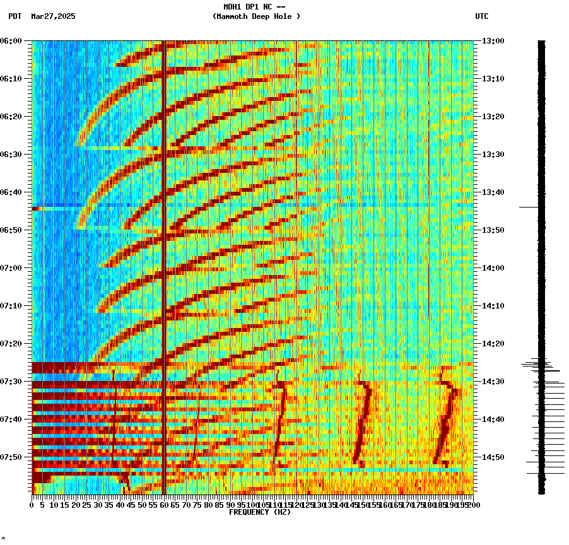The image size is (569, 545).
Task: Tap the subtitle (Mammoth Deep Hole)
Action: tap(256, 16)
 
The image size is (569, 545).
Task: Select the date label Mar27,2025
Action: tap(53, 16)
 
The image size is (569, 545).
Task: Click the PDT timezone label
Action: tap(15, 16)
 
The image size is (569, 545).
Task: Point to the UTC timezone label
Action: tap(481, 16)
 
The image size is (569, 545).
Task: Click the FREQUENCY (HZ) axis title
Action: tap(259, 512)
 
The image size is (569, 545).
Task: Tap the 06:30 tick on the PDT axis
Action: tap(11, 155)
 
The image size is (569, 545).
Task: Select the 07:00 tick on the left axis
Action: tap(11, 268)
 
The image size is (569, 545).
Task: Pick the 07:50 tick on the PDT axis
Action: tap(11, 457)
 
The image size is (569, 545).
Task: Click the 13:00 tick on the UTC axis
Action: tap(493, 41)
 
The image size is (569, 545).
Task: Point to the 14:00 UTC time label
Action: tap(493, 268)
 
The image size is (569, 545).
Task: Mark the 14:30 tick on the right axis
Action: tap(493, 382)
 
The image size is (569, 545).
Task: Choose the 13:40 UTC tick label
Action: tap(493, 192)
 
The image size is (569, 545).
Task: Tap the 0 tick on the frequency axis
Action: tap(32, 505)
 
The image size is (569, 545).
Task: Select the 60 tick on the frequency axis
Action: tap(164, 505)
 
